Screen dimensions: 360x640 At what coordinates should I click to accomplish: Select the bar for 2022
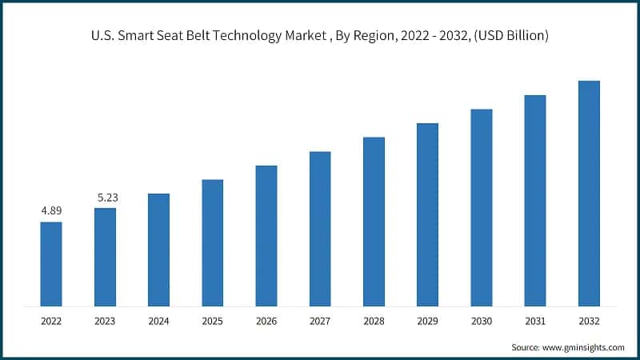(51, 263)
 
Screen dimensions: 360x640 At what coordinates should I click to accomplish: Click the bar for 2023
(105, 257)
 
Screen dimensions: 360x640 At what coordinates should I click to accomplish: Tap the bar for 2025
(212, 242)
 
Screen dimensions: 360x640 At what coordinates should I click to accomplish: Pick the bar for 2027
(320, 228)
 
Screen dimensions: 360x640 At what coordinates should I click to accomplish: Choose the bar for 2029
(427, 214)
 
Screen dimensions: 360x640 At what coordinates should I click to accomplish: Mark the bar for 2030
(481, 207)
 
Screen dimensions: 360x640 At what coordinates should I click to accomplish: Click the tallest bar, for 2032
(589, 193)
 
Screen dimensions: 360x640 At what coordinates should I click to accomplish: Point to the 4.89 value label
(51, 211)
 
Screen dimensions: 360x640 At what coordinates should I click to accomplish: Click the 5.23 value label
(105, 197)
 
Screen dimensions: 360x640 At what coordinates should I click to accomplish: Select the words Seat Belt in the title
(168, 36)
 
